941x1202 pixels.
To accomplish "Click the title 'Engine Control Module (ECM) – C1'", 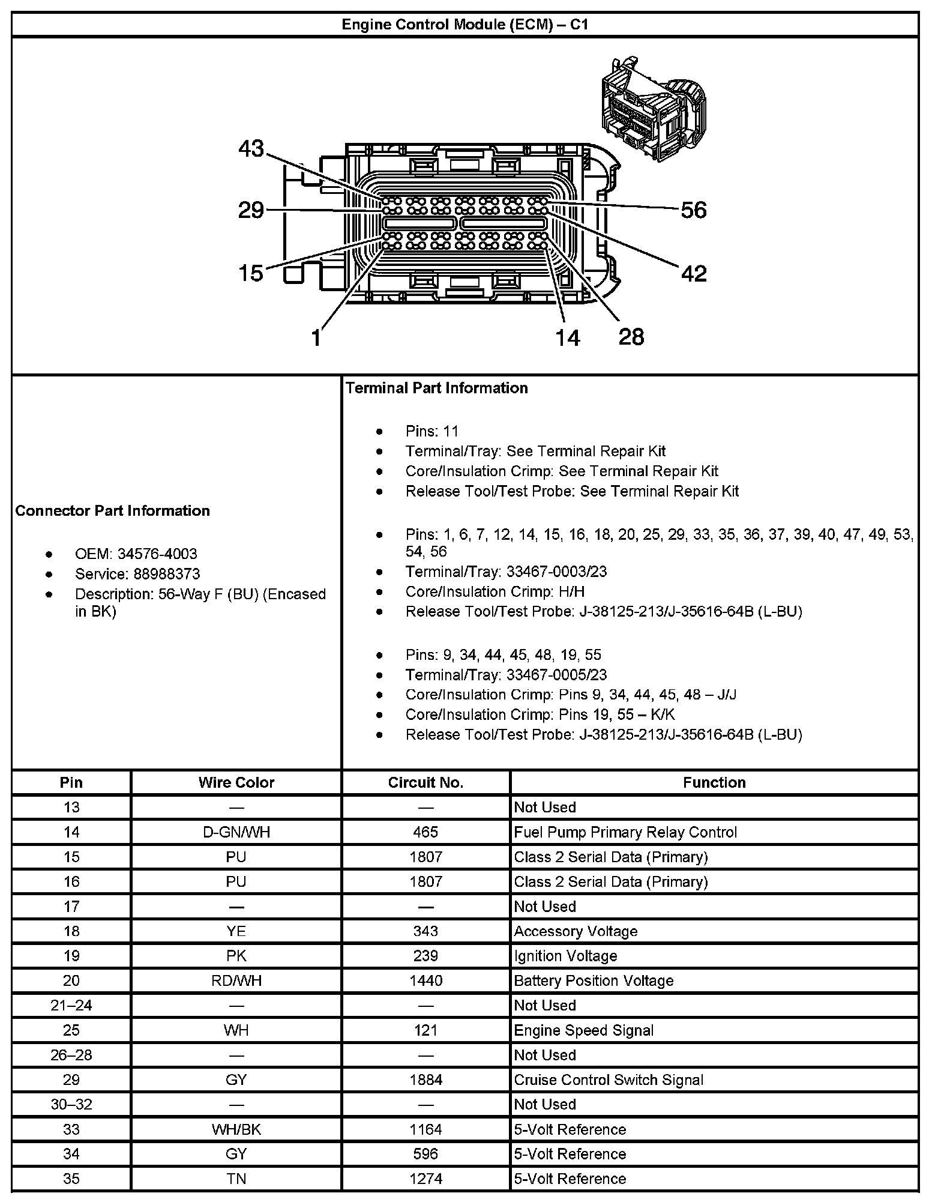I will (464, 25).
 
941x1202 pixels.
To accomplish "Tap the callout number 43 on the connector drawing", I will (251, 148).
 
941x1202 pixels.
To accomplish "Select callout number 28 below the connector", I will (631, 337).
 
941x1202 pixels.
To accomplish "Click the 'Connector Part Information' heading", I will (113, 511).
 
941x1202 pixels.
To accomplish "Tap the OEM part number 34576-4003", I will (157, 554).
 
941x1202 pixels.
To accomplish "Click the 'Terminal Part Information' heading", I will (436, 388).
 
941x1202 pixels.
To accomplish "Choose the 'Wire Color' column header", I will (236, 783).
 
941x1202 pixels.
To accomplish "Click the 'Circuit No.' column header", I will (425, 783).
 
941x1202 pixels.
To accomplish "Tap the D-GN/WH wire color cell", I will (236, 832).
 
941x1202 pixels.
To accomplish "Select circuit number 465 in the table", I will (425, 832).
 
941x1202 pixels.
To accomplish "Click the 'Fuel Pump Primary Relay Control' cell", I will (625, 832).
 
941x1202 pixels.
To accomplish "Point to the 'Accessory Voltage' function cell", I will (576, 931).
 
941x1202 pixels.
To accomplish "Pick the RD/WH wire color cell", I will (236, 980).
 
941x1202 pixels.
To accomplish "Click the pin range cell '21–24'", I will (71, 1006).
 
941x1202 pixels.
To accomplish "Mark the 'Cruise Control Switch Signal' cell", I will (609, 1080).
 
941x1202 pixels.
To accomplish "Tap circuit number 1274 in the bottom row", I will (425, 1179).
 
